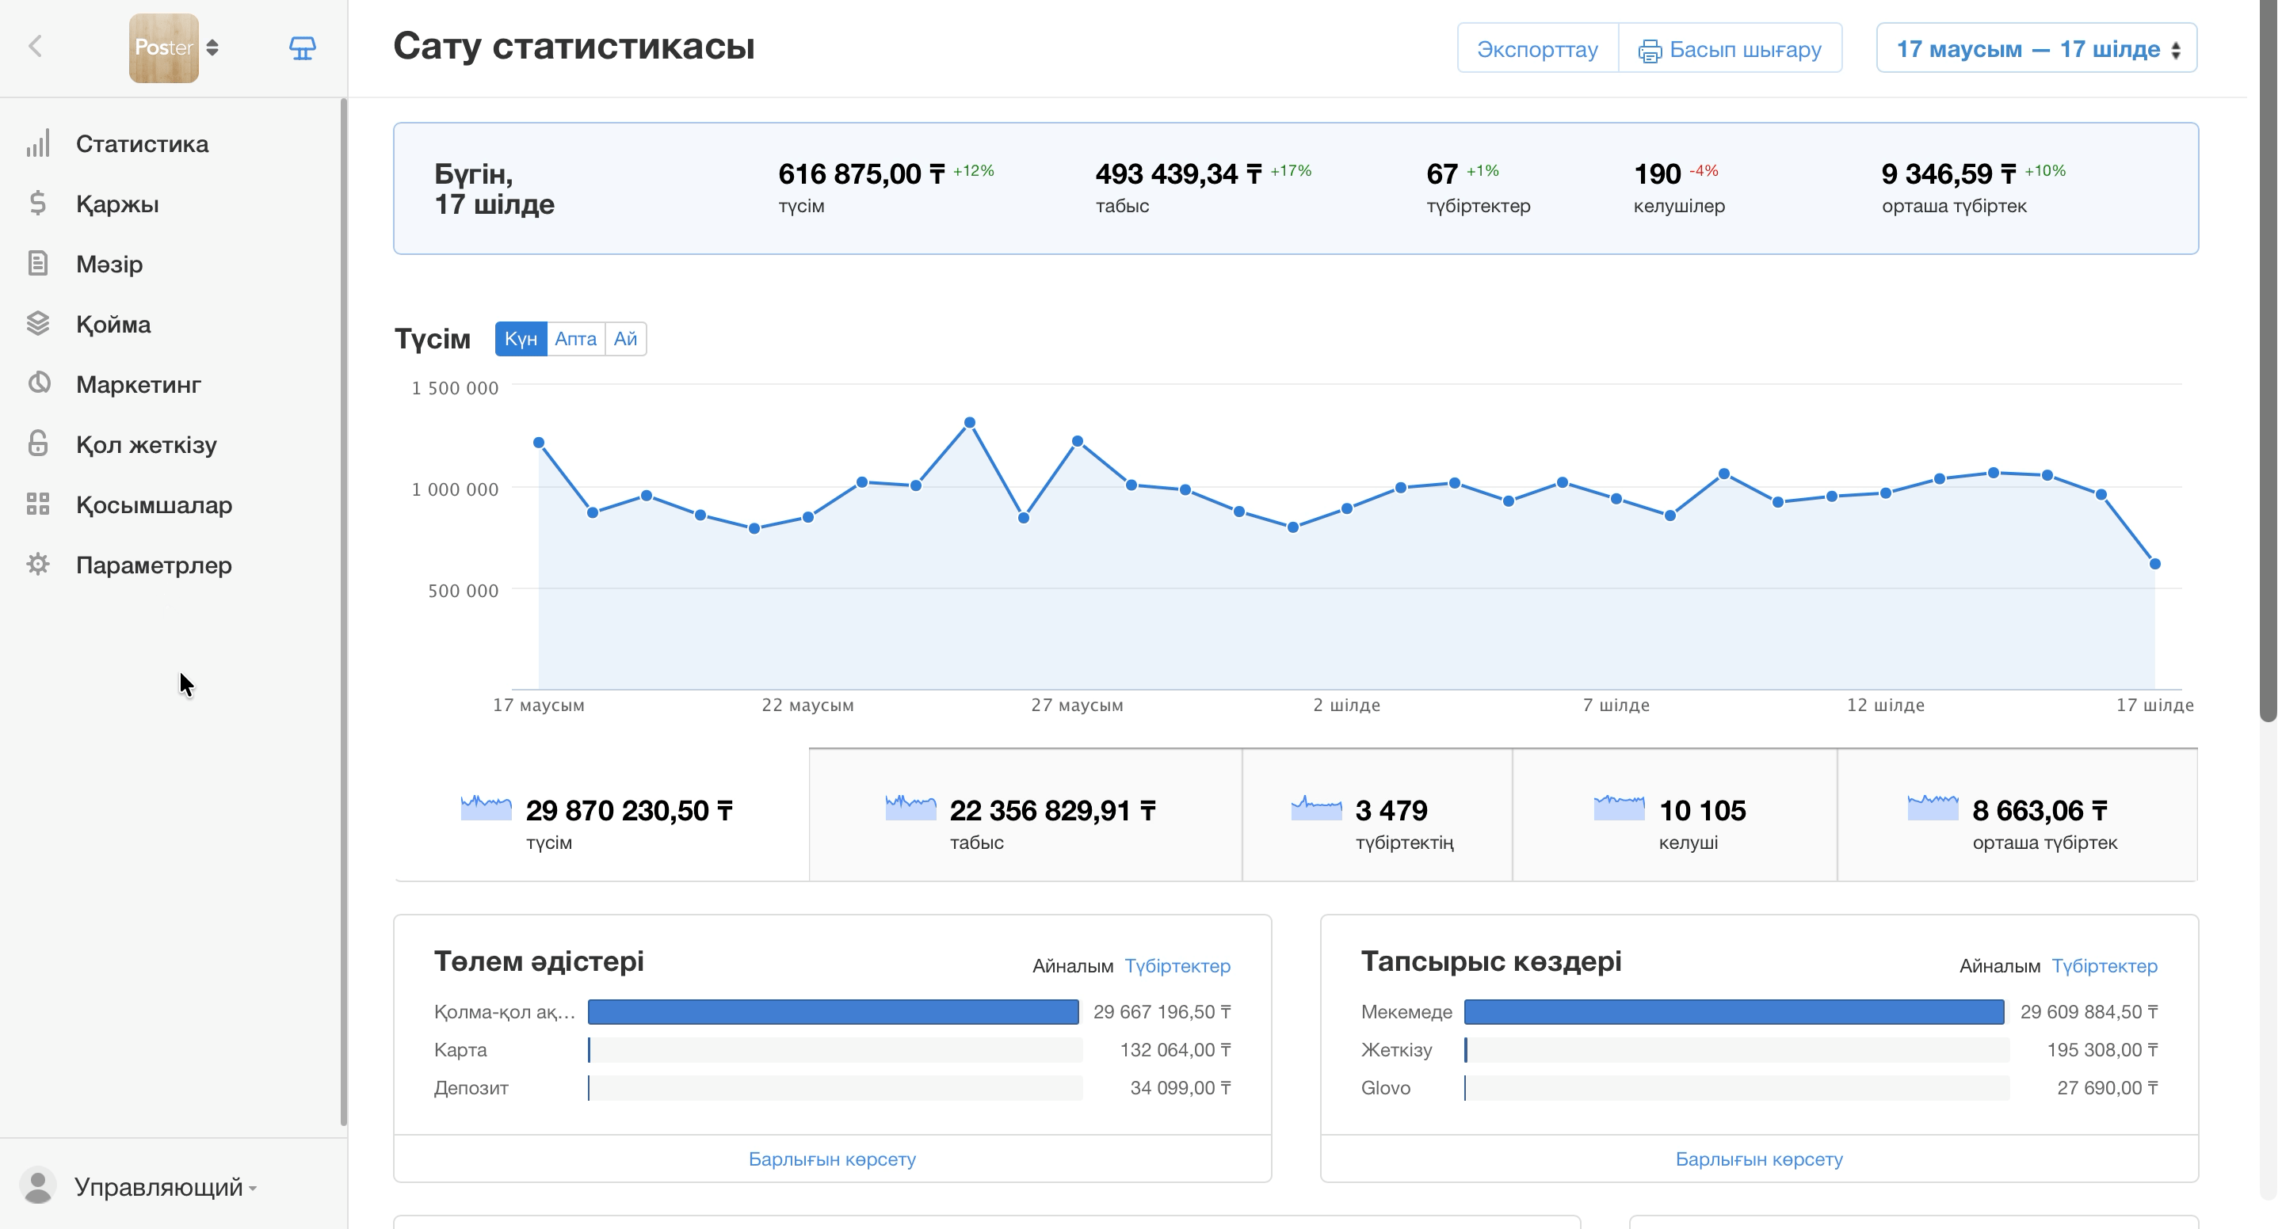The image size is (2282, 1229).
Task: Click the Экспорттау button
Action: pyautogui.click(x=1537, y=48)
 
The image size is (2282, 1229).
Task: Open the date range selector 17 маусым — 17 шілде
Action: pyautogui.click(x=2036, y=48)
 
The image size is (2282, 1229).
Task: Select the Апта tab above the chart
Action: pyautogui.click(x=576, y=339)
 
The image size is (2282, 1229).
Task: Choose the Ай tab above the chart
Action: pyautogui.click(x=625, y=339)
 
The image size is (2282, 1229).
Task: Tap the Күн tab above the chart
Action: pyautogui.click(x=521, y=339)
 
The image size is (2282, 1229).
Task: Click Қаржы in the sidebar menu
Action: pyautogui.click(x=117, y=204)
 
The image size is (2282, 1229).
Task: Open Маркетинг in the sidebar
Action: pyautogui.click(x=138, y=384)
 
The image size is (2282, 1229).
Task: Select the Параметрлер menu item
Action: pyautogui.click(x=153, y=565)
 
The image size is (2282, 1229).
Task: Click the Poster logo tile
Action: pyautogui.click(x=164, y=48)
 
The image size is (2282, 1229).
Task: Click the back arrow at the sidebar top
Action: pyautogui.click(x=36, y=46)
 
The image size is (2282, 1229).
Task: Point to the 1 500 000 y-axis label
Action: pyautogui.click(x=455, y=388)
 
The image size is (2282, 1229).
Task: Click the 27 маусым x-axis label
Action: pyautogui.click(x=1078, y=705)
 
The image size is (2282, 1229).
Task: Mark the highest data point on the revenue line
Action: pyautogui.click(x=970, y=423)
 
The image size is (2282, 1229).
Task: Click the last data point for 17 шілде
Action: pyautogui.click(x=2155, y=564)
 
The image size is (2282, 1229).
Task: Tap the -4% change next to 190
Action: pyautogui.click(x=1704, y=171)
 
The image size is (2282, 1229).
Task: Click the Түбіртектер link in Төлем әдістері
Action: pyautogui.click(x=1177, y=966)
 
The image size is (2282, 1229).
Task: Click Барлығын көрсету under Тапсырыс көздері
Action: pyautogui.click(x=1758, y=1159)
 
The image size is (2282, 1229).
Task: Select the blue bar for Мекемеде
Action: pyautogui.click(x=1734, y=1012)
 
